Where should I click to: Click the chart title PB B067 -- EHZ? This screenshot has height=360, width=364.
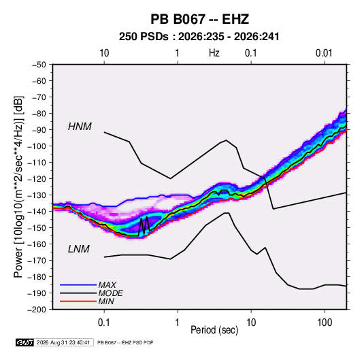click(199, 19)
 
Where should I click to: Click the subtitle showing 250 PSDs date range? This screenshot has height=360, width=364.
click(199, 37)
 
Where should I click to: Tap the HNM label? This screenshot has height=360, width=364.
click(80, 127)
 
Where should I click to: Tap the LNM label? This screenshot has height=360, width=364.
click(79, 249)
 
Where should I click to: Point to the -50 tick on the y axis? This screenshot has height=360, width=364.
click(39, 65)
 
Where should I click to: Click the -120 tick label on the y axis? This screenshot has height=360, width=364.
click(37, 179)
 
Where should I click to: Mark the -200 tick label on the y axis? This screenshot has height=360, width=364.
click(37, 310)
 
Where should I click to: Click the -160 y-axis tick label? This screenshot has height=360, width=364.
click(37, 244)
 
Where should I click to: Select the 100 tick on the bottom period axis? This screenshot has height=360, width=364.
click(325, 323)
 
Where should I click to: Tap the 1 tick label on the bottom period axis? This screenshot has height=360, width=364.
click(178, 323)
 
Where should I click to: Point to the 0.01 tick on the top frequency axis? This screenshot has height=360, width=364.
click(325, 53)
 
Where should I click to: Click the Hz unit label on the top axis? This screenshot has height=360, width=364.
click(214, 53)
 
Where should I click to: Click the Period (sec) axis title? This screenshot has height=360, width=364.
click(214, 330)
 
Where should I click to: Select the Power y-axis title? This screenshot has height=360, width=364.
click(18, 186)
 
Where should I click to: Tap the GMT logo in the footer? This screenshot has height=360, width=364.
click(25, 342)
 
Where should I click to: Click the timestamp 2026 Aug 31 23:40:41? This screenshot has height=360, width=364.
click(63, 342)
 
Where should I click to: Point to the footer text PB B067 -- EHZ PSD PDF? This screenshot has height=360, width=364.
click(125, 342)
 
